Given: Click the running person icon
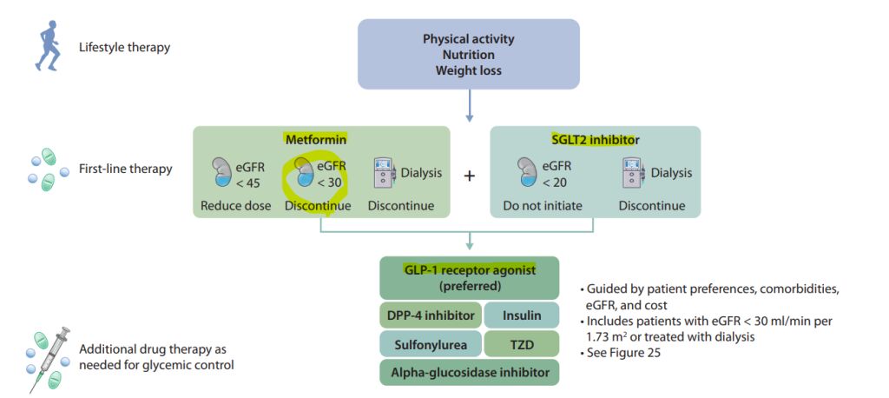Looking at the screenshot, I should click(48, 47).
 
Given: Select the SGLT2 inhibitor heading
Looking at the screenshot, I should click(595, 139).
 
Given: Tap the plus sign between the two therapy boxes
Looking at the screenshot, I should click(470, 175).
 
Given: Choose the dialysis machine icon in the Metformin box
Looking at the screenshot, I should click(383, 174).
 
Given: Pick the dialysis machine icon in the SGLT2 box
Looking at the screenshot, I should click(633, 174).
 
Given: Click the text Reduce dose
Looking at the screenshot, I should click(235, 206).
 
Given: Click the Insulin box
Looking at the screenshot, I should click(520, 315).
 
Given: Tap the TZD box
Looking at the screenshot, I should click(520, 344).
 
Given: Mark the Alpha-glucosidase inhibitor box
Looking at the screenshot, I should click(469, 373).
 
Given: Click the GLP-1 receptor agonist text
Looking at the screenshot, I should click(469, 269).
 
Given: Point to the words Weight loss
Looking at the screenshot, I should click(469, 70).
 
